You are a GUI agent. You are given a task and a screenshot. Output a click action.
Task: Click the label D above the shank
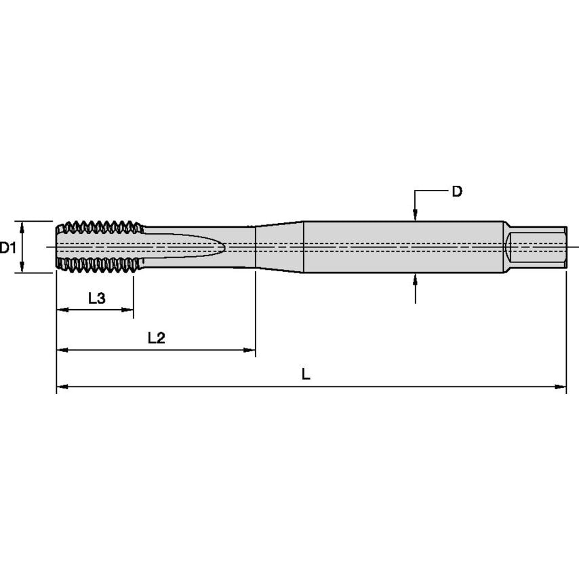point(457,192)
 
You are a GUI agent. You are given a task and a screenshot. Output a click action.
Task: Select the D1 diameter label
point(8,248)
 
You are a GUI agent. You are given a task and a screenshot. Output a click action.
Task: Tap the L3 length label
point(97,298)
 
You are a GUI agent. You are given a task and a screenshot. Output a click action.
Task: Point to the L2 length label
point(157,338)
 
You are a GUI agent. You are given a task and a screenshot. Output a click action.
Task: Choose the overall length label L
point(306,374)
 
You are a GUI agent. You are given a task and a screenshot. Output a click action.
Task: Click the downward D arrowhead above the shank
point(416,216)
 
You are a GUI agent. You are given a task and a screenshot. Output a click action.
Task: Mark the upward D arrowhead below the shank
point(416,279)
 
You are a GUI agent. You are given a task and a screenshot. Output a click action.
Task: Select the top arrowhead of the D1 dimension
point(22,226)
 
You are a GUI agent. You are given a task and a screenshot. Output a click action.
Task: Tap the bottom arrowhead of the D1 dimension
point(22,268)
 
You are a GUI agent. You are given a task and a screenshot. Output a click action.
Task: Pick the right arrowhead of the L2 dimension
point(250,351)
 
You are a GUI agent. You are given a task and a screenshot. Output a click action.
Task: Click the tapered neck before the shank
point(279,247)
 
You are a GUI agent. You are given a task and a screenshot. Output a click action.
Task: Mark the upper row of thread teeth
point(100,227)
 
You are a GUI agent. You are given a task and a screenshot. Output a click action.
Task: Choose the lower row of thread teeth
point(100,266)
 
